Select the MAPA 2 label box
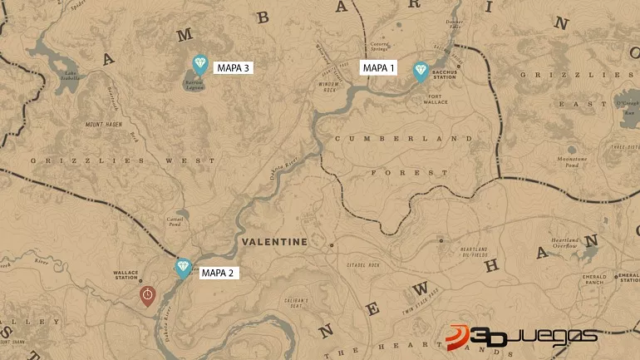(x=219, y=272)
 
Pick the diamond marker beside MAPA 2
(x=183, y=268)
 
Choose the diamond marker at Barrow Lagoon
(x=199, y=63)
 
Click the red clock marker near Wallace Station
(x=147, y=295)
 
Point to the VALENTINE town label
(x=274, y=242)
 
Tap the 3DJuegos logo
(x=521, y=335)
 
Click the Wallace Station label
(x=127, y=274)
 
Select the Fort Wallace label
(x=437, y=99)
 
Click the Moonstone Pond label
(x=572, y=162)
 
